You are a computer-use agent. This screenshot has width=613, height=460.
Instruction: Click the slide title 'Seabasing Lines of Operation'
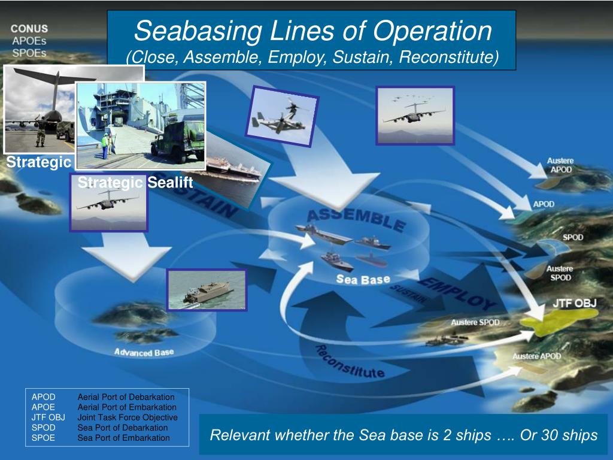coord(312,31)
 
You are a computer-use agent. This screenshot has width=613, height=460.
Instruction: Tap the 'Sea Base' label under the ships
coord(363,280)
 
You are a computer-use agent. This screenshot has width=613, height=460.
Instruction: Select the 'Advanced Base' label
coord(144,352)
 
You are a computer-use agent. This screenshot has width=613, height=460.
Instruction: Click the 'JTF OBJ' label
coord(574,303)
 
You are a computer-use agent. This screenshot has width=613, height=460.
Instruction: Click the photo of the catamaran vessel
coord(207,290)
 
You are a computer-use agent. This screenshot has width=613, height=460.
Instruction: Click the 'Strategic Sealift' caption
coord(135,183)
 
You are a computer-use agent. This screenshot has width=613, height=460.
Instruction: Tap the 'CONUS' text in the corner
coord(29,29)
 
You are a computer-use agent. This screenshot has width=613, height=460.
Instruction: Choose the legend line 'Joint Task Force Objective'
coord(127,417)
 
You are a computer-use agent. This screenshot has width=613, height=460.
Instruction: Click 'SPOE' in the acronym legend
coord(43,438)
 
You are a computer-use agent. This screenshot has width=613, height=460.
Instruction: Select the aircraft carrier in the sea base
coord(323,234)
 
